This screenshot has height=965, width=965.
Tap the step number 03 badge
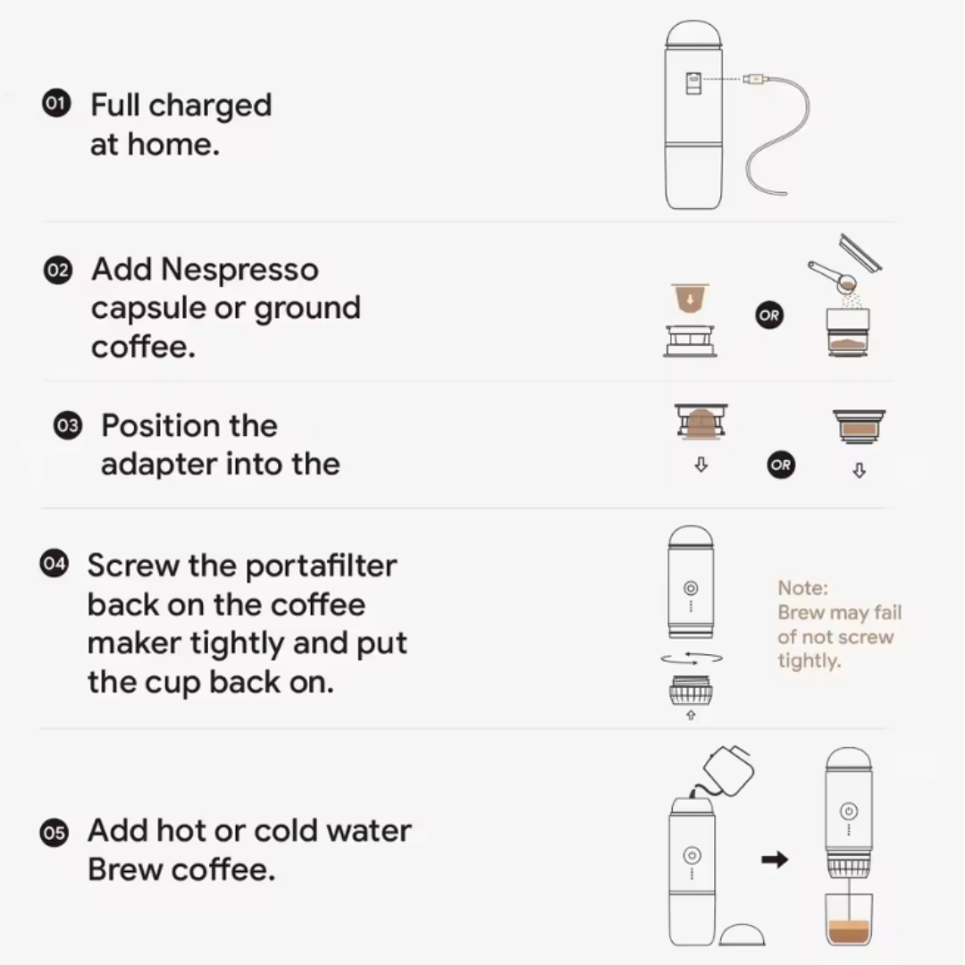67,425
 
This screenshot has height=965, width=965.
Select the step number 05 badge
54,834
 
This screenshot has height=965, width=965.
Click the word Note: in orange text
802,588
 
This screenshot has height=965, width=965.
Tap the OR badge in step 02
769,315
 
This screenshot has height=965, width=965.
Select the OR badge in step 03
780,465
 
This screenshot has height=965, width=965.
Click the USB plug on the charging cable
754,79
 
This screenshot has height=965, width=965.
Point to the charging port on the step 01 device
692,82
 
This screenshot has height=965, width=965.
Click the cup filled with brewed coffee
848,920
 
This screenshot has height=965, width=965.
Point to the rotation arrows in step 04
691,659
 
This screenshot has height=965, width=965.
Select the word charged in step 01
210,105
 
